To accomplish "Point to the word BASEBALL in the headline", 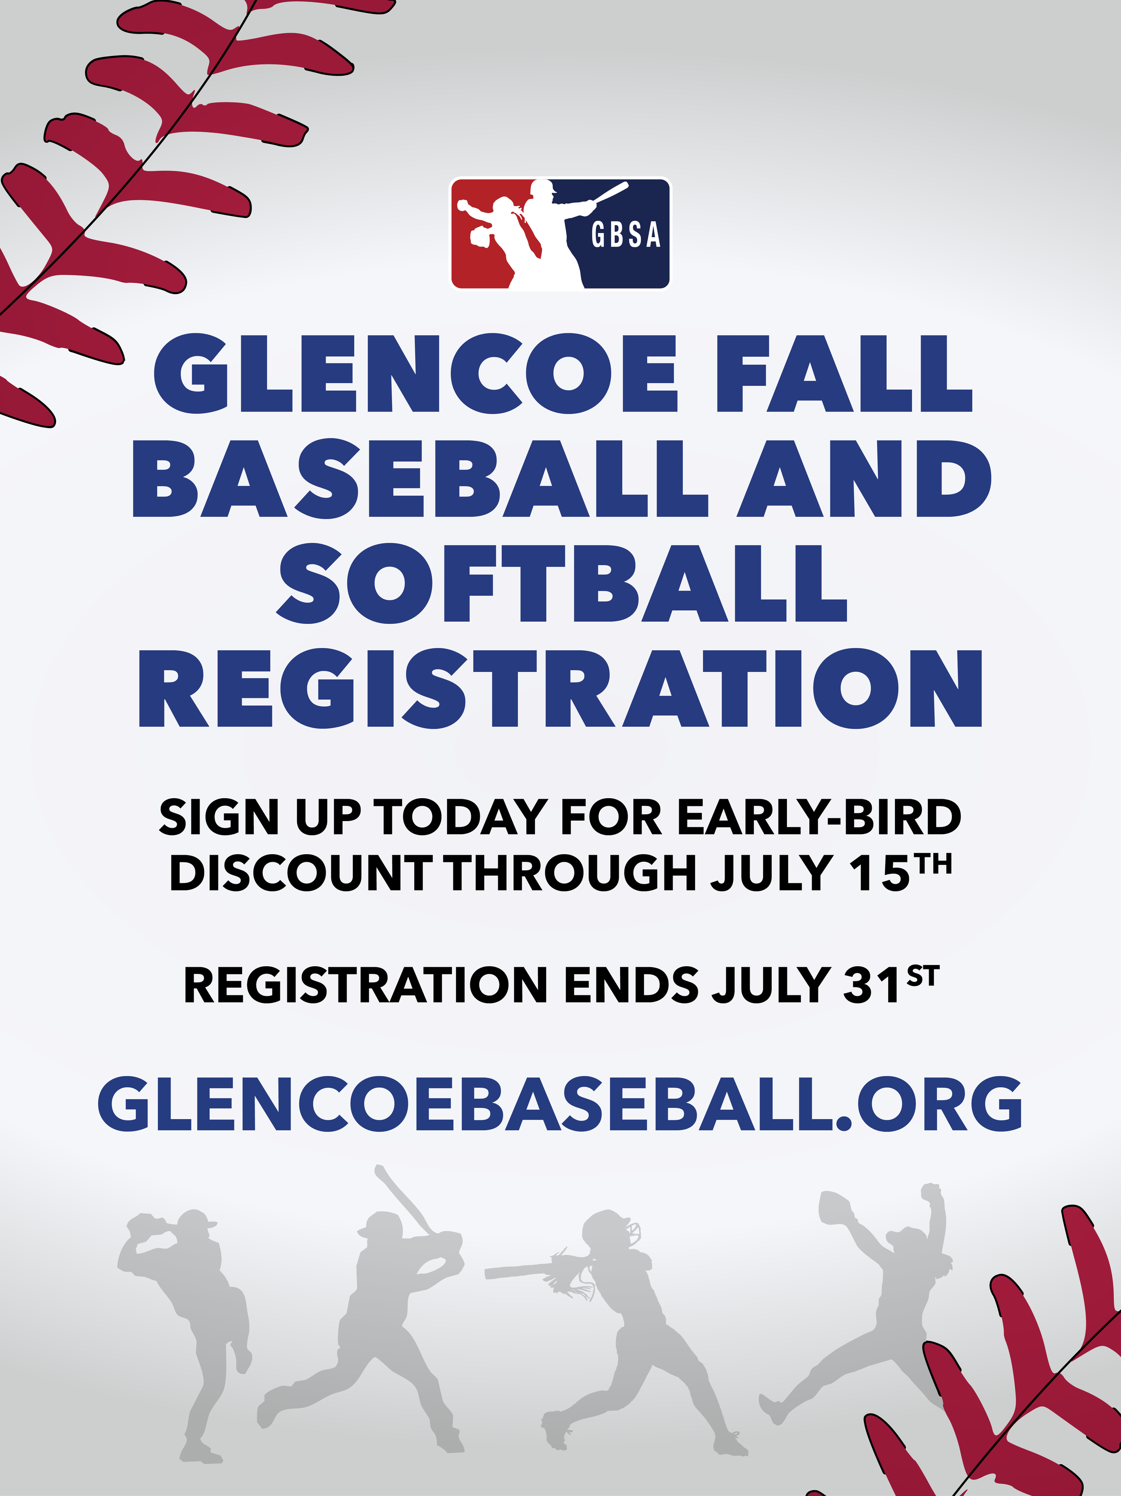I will click(x=419, y=478).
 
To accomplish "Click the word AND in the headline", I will click(x=863, y=478).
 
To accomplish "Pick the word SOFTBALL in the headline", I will click(x=561, y=583).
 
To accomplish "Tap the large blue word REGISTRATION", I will click(x=560, y=688).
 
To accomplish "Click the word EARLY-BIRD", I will click(x=819, y=817).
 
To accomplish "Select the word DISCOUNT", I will click(x=300, y=873).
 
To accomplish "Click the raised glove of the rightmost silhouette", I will click(x=836, y=1206).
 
